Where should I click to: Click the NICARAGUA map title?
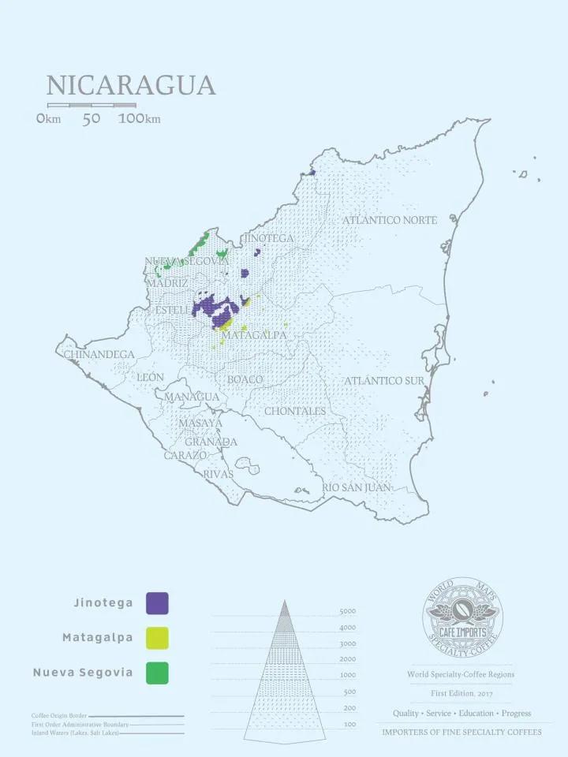click(x=131, y=85)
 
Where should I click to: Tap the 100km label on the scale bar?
click(x=140, y=119)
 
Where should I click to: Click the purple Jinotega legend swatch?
click(x=157, y=603)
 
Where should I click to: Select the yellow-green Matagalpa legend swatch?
click(x=157, y=637)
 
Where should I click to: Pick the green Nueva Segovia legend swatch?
click(x=157, y=673)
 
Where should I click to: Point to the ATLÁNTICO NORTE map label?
click(x=389, y=221)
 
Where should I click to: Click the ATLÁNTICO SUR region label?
click(x=384, y=382)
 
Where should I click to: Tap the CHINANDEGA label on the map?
click(x=99, y=355)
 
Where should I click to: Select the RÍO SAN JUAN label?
click(x=356, y=488)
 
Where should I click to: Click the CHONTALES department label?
click(x=295, y=412)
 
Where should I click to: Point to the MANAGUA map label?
click(x=192, y=397)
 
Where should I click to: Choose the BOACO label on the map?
click(x=245, y=380)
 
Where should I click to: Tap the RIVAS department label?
click(x=219, y=475)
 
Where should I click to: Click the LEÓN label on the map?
click(x=151, y=378)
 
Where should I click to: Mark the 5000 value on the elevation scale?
click(x=348, y=612)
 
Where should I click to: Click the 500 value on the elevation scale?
click(x=349, y=692)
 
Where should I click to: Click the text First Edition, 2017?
click(x=461, y=693)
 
